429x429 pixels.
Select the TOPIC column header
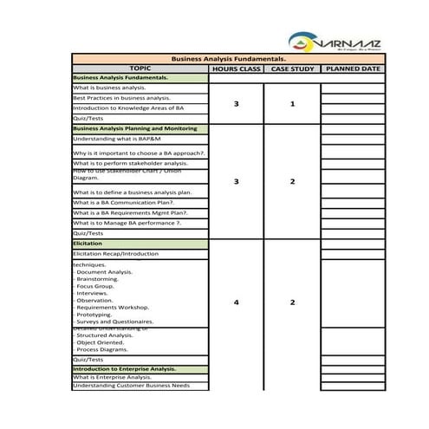tap(140, 68)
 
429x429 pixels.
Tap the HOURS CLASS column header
tap(236, 68)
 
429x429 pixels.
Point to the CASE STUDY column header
tap(292, 68)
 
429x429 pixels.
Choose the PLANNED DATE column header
tap(352, 68)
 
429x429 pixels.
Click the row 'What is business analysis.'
tap(109, 88)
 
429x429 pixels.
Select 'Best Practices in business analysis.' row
tap(121, 98)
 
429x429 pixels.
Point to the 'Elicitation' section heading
tap(88, 244)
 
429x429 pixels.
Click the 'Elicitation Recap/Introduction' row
tap(116, 254)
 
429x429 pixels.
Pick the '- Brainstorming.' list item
tap(102, 279)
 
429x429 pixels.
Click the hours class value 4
tap(236, 302)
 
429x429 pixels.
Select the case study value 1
tap(292, 104)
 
